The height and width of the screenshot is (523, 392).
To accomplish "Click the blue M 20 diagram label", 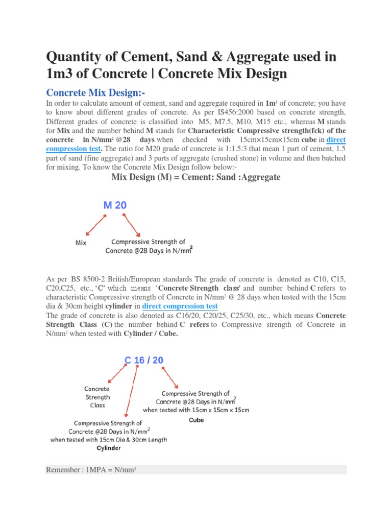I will click(x=115, y=205).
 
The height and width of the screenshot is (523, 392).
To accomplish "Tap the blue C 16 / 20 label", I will click(x=144, y=360).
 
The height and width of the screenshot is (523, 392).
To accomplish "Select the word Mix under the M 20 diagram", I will click(x=81, y=243).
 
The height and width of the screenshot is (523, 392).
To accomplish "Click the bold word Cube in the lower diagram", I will click(x=196, y=420).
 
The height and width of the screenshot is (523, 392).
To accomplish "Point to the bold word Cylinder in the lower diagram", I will click(x=109, y=448).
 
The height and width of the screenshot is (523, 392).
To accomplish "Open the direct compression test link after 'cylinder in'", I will click(x=180, y=306).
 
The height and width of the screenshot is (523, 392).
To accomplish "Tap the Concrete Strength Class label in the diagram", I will click(x=97, y=397).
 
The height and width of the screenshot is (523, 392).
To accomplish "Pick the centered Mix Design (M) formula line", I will click(x=195, y=177).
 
